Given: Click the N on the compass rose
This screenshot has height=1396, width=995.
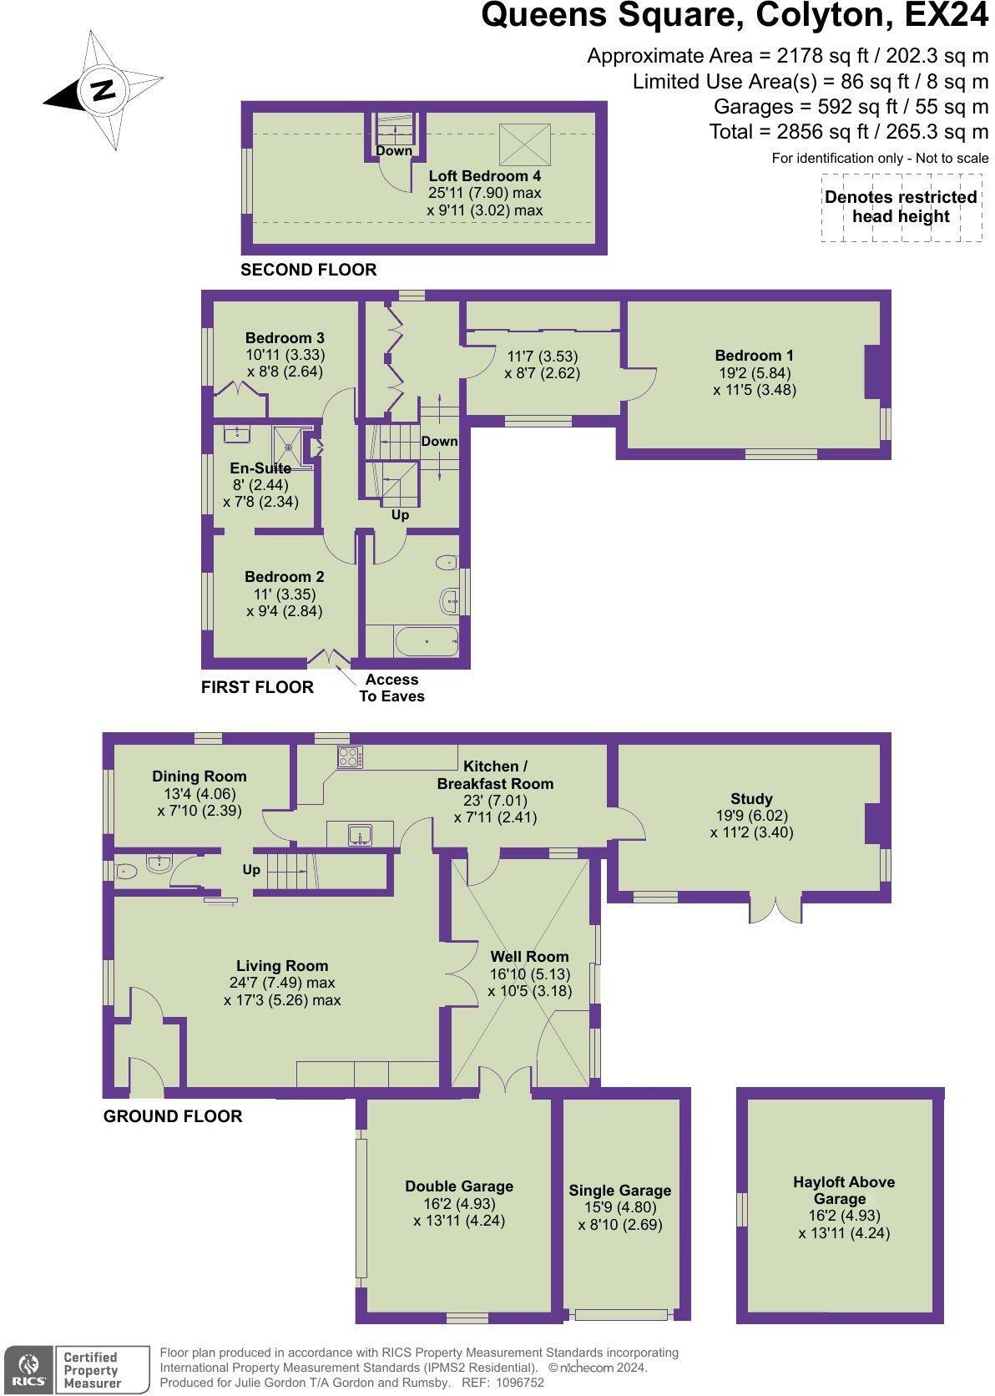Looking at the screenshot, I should tap(103, 89).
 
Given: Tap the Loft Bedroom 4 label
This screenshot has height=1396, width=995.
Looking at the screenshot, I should tap(484, 176).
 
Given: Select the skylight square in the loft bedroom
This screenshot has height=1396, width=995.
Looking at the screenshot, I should tap(525, 144).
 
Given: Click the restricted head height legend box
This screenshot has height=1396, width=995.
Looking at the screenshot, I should tap(901, 207).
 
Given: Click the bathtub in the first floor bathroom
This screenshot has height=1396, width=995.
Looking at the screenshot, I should tap(427, 641).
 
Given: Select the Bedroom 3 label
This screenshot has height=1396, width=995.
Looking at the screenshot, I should tap(285, 338).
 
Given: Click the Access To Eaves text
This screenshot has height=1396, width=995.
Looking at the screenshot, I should tap(391, 688).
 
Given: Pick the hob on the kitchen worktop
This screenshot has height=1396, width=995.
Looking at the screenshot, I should tap(349, 757).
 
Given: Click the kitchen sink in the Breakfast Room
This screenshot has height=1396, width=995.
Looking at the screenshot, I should tap(361, 833).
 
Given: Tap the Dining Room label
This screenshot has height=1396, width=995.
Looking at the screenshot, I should tap(200, 776).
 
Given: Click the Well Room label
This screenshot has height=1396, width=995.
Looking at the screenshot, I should tap(529, 957).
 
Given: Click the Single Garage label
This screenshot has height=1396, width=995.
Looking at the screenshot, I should tap(620, 1191).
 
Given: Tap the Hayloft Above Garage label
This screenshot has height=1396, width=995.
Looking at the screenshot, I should tap(843, 1191).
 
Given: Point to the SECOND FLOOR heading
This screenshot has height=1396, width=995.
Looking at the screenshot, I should tap(308, 270).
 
